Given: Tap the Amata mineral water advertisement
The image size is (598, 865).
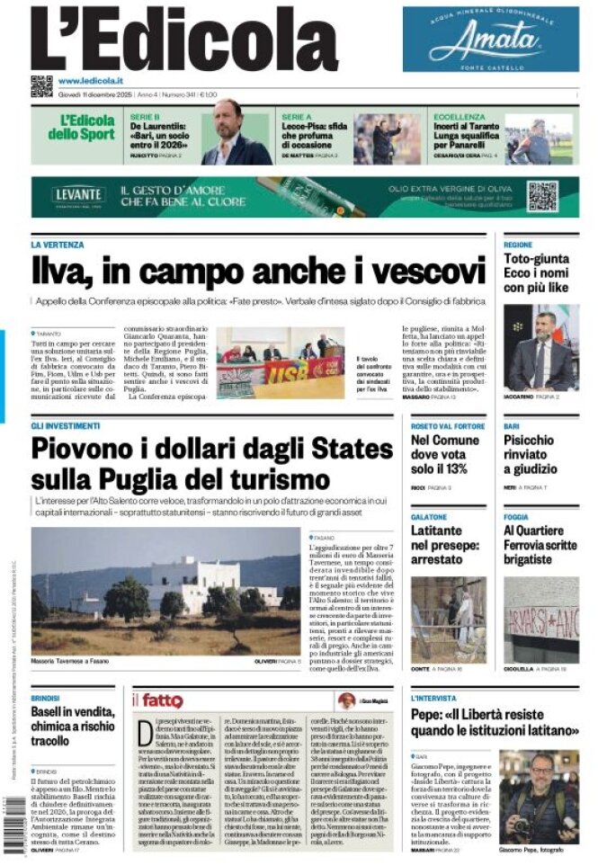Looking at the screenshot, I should (490, 40).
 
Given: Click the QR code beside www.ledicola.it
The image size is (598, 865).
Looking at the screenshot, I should (41, 85).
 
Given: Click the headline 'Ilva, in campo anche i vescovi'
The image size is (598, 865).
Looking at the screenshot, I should (258, 271).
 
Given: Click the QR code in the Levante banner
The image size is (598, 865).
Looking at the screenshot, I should (542, 196).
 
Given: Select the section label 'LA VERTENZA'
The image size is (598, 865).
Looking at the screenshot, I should (58, 245).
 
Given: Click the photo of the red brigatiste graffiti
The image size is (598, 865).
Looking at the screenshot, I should (540, 620).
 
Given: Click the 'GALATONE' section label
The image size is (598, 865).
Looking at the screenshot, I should (429, 517).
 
